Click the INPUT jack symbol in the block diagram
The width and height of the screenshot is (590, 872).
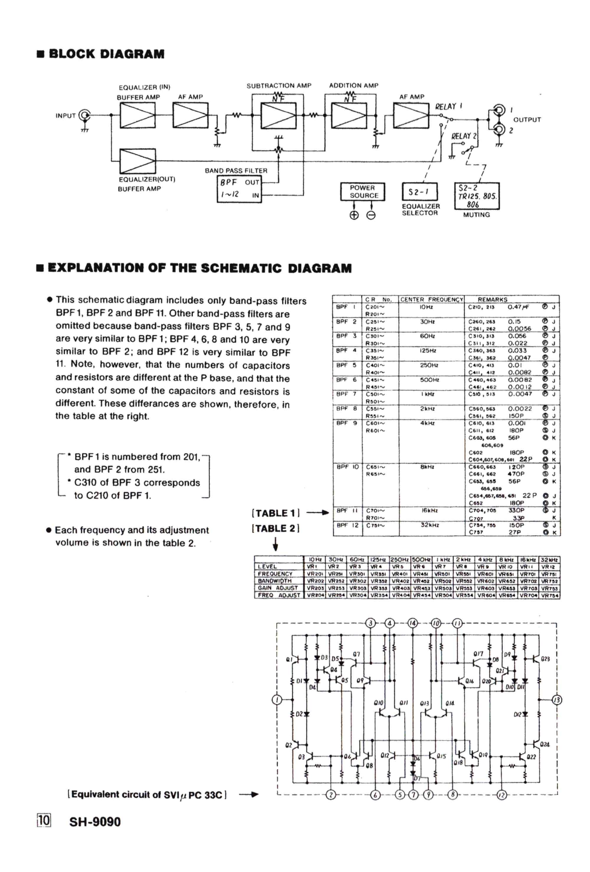(x=84, y=115)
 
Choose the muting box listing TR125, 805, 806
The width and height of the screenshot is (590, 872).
(x=477, y=195)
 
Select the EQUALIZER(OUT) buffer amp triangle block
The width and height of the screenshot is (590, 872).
(x=137, y=161)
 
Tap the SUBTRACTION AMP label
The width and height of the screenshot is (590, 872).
(x=279, y=86)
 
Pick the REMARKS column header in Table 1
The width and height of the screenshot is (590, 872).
(x=492, y=299)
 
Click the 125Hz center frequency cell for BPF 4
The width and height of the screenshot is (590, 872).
(x=431, y=350)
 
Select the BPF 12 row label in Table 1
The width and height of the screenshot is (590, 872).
(x=346, y=525)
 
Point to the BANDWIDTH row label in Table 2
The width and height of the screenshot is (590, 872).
(x=275, y=581)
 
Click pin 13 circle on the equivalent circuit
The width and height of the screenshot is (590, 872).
(x=556, y=700)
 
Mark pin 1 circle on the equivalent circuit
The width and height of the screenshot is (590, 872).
(x=278, y=700)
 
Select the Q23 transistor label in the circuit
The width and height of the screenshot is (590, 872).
(x=545, y=658)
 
